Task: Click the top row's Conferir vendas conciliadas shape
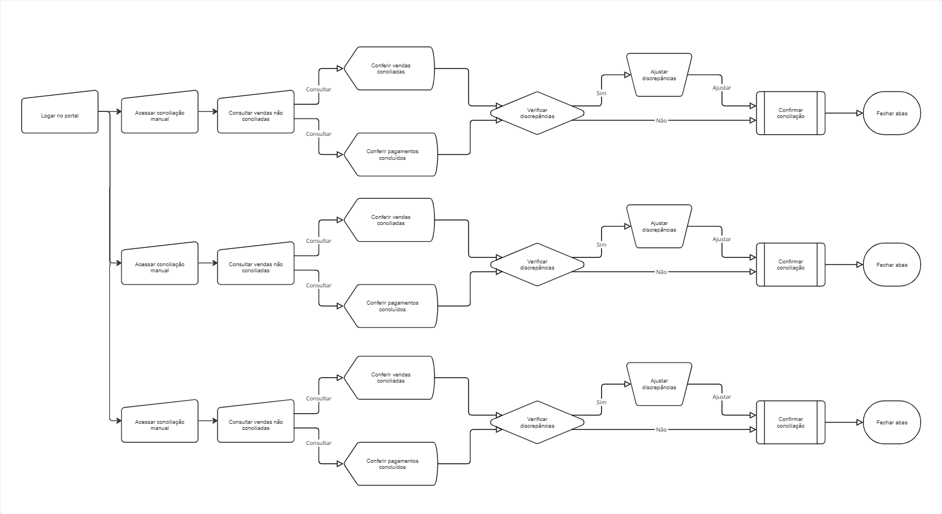[389, 68]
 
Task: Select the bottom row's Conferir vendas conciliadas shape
[389, 378]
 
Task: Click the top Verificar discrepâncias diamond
[537, 113]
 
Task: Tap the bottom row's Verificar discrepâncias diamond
[537, 422]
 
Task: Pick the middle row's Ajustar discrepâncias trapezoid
[659, 226]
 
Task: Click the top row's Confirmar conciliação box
[790, 113]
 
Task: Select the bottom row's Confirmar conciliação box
[790, 422]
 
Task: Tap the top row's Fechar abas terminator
[891, 113]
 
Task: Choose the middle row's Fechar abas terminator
[891, 265]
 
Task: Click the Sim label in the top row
[601, 93]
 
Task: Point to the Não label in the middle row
[661, 272]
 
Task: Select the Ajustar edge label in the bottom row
[721, 396]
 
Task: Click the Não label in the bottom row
[661, 429]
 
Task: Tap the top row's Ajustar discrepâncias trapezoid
[659, 75]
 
